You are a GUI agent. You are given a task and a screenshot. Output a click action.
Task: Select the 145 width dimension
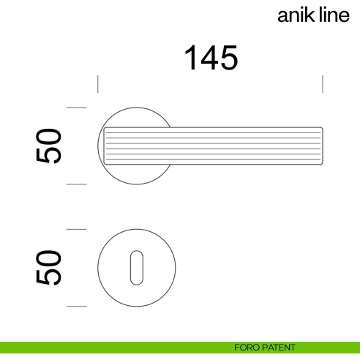210,59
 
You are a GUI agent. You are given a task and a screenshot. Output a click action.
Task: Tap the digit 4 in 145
210,59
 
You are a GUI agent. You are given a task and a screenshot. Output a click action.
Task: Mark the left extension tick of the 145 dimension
98,83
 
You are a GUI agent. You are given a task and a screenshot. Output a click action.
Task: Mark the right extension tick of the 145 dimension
323,83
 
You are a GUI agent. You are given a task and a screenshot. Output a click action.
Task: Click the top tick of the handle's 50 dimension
77,108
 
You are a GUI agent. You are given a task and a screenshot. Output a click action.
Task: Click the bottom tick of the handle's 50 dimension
77,184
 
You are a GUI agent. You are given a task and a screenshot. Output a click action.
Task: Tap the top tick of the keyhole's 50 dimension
77,229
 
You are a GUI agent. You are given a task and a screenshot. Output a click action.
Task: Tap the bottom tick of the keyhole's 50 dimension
77,306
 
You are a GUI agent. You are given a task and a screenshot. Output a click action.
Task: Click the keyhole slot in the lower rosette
135,268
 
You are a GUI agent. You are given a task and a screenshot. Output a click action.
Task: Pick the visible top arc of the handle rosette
135,109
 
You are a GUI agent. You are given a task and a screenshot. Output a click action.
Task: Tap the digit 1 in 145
190,59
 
